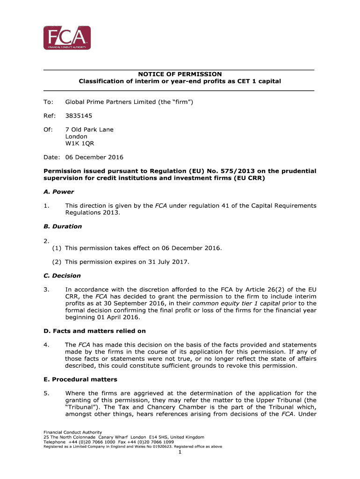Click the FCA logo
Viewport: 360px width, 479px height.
coord(67,37)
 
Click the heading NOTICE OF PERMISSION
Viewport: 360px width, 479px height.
coord(180,74)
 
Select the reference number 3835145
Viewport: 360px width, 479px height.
coord(79,115)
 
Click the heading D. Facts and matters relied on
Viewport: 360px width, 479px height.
coord(94,331)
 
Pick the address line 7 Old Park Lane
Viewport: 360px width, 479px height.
coord(89,129)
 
